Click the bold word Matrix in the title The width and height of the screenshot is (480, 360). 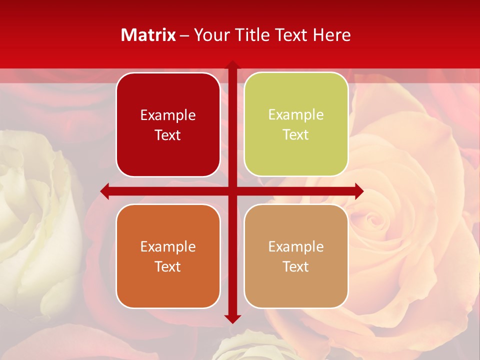tap(148, 34)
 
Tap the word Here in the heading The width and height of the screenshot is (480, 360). tap(331, 34)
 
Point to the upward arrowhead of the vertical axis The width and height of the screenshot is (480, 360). tap(232, 65)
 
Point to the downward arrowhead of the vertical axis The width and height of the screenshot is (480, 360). tap(232, 318)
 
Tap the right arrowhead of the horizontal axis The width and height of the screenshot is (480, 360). tap(358, 191)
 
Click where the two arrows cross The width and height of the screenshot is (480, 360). tap(232, 191)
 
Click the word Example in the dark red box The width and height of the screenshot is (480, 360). tap(168, 115)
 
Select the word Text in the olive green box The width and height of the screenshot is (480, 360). tap(296, 135)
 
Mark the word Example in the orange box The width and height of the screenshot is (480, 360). tap(168, 246)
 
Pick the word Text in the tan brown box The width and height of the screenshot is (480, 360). tap(296, 266)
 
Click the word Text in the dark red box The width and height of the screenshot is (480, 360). tap(168, 135)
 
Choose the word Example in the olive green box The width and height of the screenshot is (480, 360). tap(296, 115)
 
